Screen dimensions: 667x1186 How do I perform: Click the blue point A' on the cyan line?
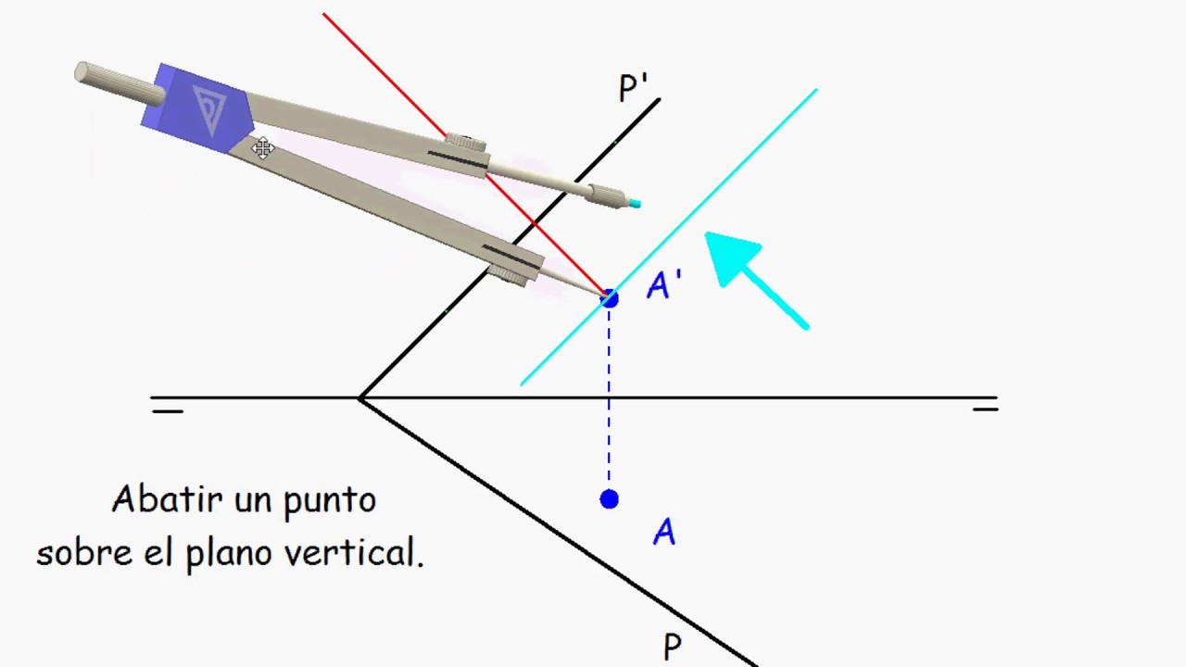[x=609, y=298]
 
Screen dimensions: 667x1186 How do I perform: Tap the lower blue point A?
[x=609, y=499]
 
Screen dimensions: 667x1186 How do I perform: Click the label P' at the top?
[x=633, y=89]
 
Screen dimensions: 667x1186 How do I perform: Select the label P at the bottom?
[x=672, y=647]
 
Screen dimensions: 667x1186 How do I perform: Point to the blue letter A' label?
[x=664, y=285]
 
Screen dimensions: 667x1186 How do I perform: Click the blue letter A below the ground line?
[x=664, y=533]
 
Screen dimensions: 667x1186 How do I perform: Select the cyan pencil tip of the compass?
[x=635, y=203]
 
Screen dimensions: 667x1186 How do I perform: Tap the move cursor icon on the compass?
[x=263, y=147]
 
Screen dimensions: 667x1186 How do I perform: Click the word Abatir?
[x=167, y=500]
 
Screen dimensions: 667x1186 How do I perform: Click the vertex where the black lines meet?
[x=361, y=398]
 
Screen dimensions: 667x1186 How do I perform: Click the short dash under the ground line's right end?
[x=985, y=409]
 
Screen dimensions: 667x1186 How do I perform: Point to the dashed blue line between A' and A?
[x=609, y=408]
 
